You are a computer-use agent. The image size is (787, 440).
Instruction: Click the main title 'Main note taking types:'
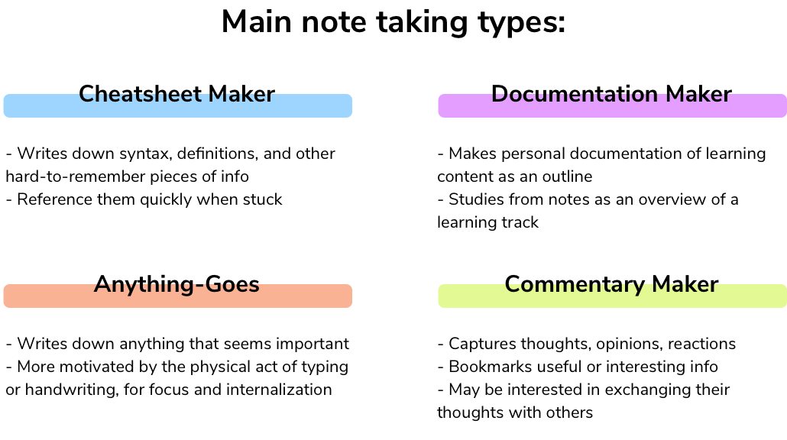tap(393, 23)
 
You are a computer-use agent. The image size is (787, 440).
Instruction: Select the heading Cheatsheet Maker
tap(177, 94)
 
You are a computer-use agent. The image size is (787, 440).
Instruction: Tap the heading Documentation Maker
tap(611, 94)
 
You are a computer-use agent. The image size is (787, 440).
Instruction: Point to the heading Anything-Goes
tap(177, 284)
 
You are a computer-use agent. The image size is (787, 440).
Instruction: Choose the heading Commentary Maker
tap(611, 284)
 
